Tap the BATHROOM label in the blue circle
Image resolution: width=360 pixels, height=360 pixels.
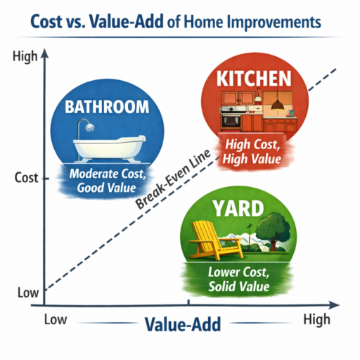107,108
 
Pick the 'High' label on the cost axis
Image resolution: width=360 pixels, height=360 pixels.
25,58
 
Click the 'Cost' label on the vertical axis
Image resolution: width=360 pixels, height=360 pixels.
26,178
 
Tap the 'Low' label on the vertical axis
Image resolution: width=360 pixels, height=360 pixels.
24,291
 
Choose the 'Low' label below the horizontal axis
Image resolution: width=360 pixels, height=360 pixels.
55,320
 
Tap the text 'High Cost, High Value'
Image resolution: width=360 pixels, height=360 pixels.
252,153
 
